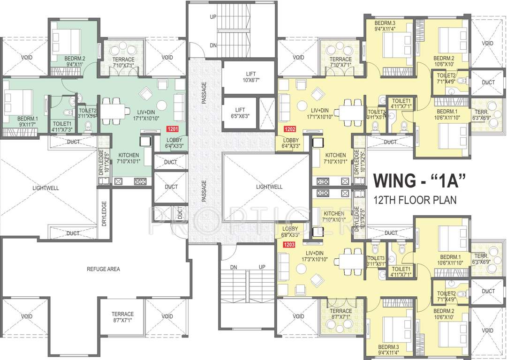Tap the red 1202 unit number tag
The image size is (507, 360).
pos(290,127)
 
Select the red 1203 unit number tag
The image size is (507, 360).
pos(289,244)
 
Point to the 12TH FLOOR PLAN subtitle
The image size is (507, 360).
pos(415,200)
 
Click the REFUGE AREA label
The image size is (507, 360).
pos(103,269)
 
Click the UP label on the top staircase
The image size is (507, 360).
pos(213,16)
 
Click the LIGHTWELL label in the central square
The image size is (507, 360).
pos(269,187)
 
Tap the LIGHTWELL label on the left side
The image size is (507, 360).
pos(45,188)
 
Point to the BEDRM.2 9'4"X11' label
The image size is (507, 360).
pos(75,61)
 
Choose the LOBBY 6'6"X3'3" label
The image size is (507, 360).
pos(291,232)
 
